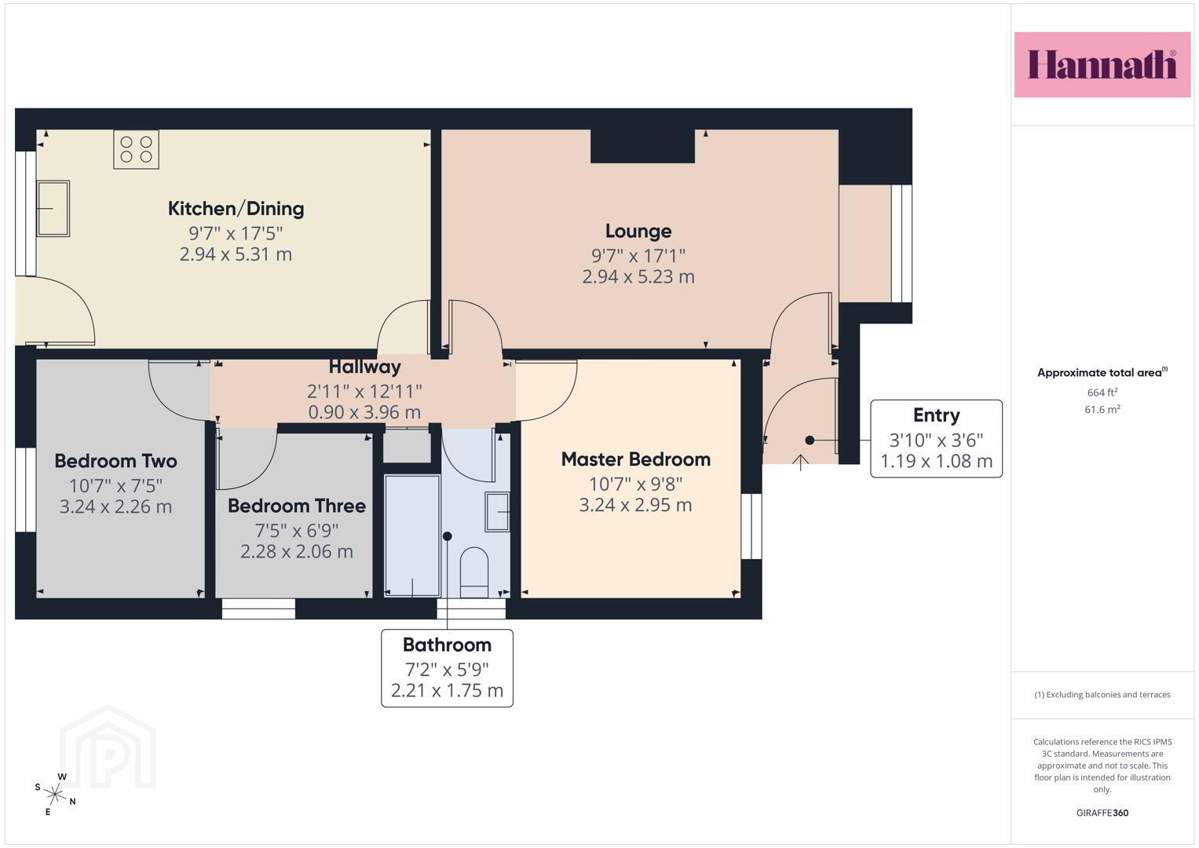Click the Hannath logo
1102,64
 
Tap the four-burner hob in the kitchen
136,150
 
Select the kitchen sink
53,208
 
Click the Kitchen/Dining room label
236,208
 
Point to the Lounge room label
638,232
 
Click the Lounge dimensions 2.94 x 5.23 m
638,276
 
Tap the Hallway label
364,367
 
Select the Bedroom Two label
115,461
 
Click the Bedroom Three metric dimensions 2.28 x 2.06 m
297,551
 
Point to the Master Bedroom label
636,459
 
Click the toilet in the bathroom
474,572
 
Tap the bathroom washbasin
497,512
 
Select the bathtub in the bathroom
412,535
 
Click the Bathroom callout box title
447,645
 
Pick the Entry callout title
936,415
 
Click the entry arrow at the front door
800,462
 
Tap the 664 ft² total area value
1102,393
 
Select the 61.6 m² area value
1102,410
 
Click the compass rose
55,794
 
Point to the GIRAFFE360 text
1102,813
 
